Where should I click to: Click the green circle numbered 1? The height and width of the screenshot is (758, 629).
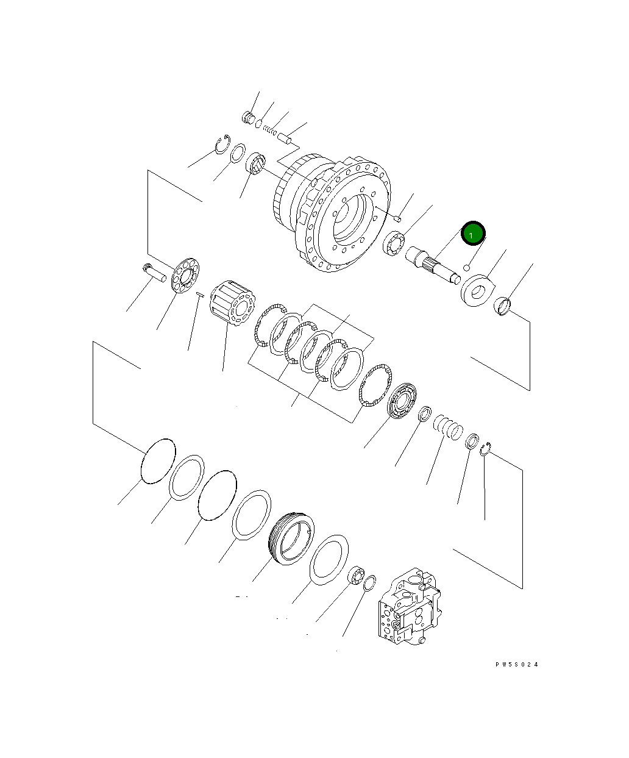[473, 233]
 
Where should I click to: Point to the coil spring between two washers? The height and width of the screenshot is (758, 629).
[448, 427]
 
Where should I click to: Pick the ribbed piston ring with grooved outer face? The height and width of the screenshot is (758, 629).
[291, 538]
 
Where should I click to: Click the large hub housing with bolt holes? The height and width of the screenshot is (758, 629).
[332, 213]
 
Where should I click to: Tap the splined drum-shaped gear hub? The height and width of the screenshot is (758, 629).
[232, 302]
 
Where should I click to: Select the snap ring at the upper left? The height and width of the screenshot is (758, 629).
[222, 144]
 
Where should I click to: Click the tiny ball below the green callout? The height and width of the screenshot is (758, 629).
[467, 268]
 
